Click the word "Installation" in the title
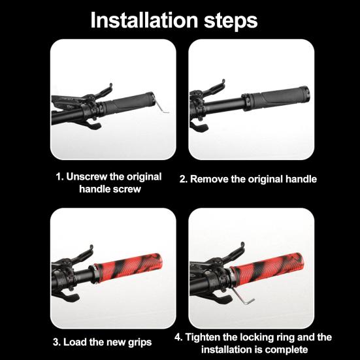(144, 20)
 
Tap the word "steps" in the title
(231, 22)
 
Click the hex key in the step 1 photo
(161, 106)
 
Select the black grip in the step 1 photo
(129, 104)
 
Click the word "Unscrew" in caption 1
(86, 177)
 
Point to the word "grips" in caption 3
(140, 343)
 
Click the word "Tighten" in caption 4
(203, 337)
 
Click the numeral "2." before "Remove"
(184, 179)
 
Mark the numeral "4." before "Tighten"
(178, 337)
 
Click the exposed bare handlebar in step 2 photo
(223, 106)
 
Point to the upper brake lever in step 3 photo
(83, 255)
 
